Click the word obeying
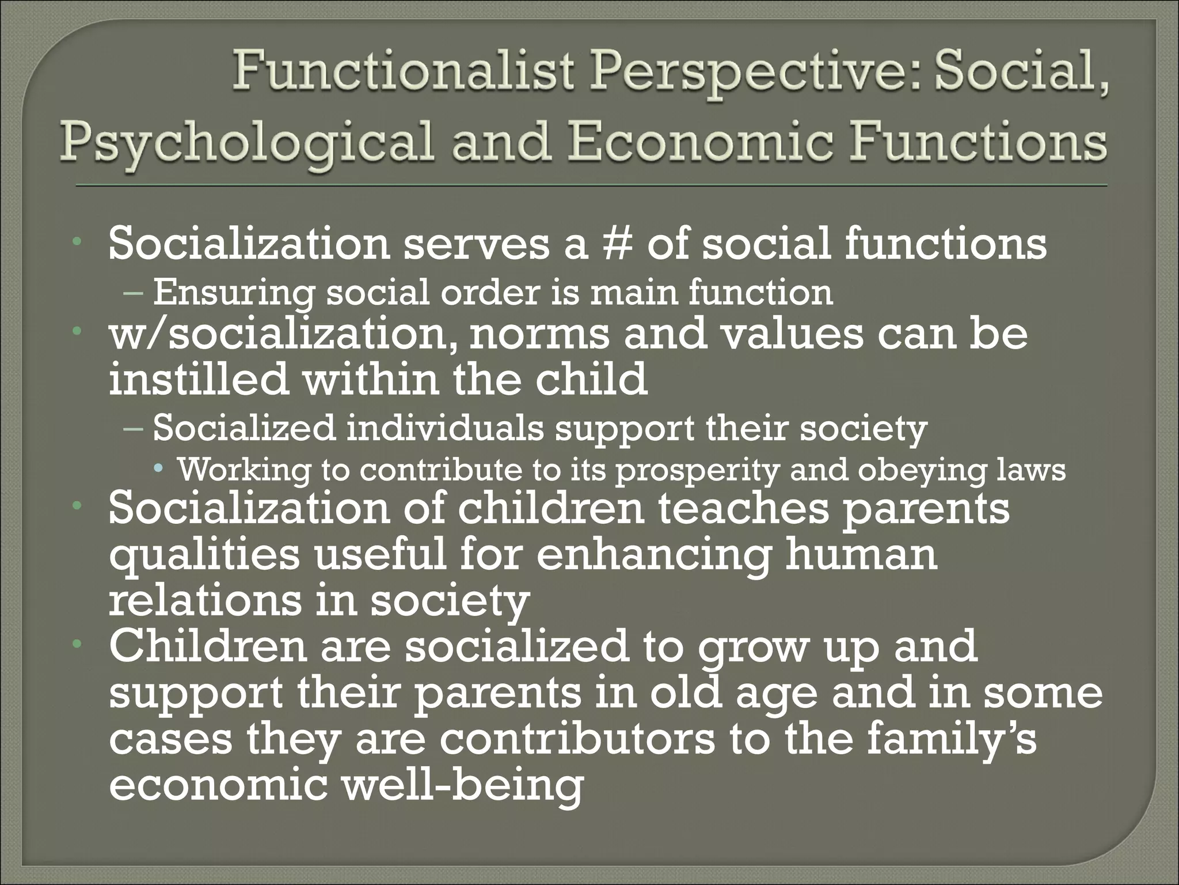pos(921,471)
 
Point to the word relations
pos(204,600)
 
